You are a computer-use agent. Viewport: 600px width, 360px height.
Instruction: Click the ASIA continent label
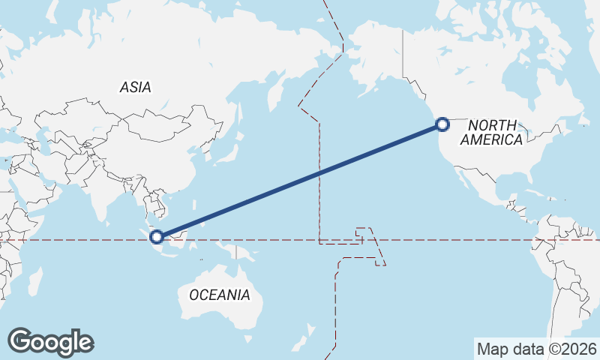click(136, 87)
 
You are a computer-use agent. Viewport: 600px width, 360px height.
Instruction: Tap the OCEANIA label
click(220, 295)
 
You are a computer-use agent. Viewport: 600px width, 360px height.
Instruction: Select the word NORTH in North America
click(493, 125)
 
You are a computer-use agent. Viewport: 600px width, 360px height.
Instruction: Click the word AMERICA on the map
click(491, 140)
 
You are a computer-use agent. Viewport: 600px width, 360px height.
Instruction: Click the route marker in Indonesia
click(157, 237)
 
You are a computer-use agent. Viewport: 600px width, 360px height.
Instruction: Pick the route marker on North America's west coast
click(442, 124)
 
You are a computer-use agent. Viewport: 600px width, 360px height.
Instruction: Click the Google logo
click(50, 342)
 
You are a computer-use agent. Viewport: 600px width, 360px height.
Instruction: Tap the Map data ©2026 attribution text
click(537, 349)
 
